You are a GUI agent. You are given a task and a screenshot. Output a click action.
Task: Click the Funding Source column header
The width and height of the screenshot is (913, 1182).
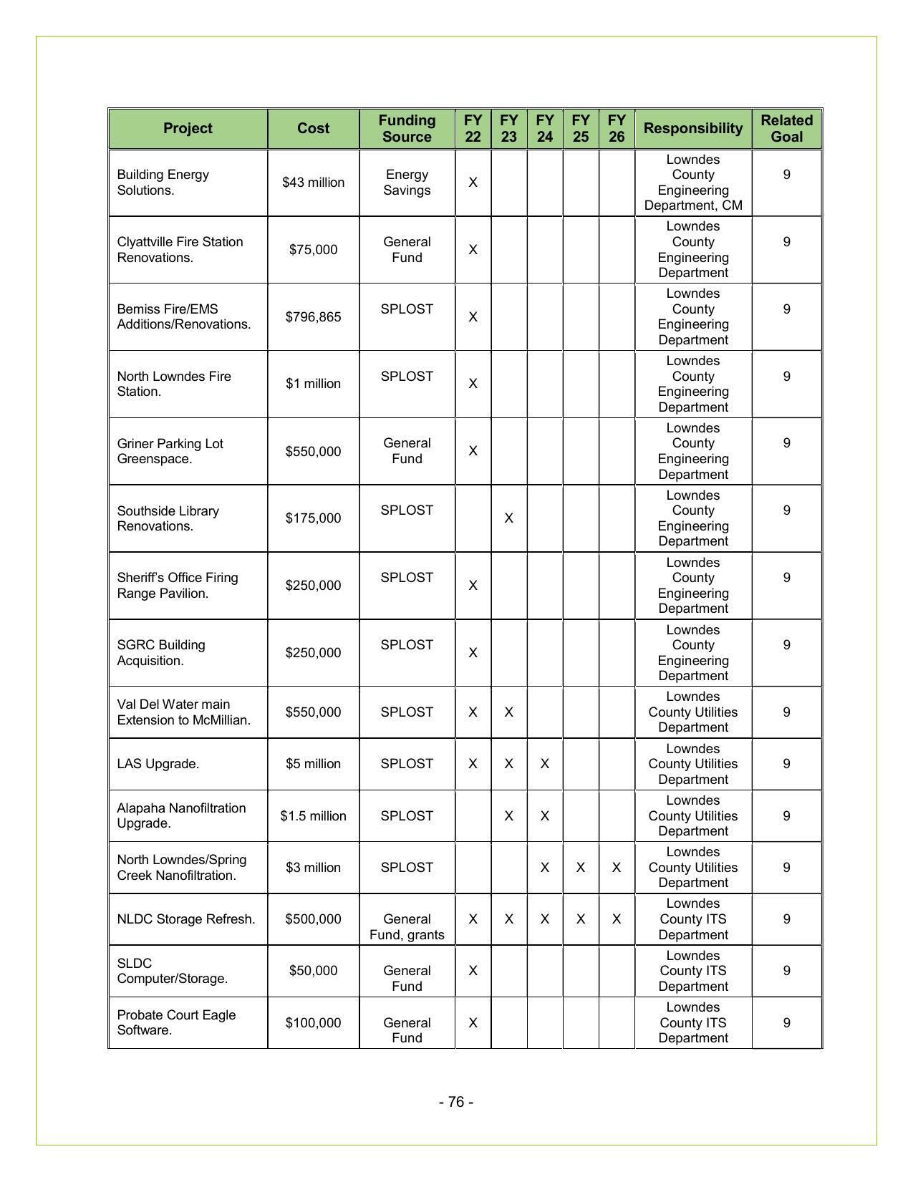coord(407,129)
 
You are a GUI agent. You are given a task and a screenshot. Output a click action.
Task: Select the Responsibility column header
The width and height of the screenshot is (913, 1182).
coord(692,129)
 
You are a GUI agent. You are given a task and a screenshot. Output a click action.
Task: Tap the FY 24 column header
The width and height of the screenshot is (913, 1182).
coord(544,129)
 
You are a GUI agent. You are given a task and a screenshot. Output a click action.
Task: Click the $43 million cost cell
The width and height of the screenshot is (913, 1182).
coord(313,183)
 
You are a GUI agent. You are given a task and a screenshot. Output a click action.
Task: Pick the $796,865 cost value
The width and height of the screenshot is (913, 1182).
coord(313,316)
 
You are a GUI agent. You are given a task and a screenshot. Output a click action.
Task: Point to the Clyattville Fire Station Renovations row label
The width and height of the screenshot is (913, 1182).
coord(180,250)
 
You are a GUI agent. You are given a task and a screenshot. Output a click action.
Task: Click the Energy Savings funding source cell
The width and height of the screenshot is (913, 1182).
coord(407,183)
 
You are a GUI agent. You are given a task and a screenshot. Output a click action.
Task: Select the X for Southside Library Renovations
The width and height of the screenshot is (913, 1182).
coord(508,518)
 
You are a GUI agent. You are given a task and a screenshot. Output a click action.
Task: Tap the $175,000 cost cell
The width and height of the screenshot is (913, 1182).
coord(313,518)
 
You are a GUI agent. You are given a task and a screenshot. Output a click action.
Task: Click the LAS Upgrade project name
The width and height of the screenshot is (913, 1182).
coord(158,764)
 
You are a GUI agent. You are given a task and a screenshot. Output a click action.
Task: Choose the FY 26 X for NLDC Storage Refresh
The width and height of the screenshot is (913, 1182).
coord(616,919)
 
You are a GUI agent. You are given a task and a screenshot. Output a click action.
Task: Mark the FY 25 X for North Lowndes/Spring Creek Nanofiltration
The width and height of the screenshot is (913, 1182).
coord(580,868)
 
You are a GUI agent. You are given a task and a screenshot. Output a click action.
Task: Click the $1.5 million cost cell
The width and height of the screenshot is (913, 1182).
coord(313,816)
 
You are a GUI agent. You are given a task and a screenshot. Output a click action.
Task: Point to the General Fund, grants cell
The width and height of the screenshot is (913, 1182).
coord(407,927)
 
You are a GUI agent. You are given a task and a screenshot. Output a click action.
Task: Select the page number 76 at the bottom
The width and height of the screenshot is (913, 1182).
coord(456,1102)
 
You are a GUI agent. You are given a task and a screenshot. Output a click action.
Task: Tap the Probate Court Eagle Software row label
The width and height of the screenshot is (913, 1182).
coord(176,1022)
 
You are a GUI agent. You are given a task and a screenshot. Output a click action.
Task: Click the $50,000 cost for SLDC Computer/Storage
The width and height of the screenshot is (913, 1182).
coord(313,971)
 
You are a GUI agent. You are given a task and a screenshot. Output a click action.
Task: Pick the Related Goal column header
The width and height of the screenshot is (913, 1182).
coord(786,129)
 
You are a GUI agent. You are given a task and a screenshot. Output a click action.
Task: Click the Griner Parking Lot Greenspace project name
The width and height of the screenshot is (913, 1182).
coord(170,451)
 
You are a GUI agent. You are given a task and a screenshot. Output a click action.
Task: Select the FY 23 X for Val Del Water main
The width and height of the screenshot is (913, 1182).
coord(508,712)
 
